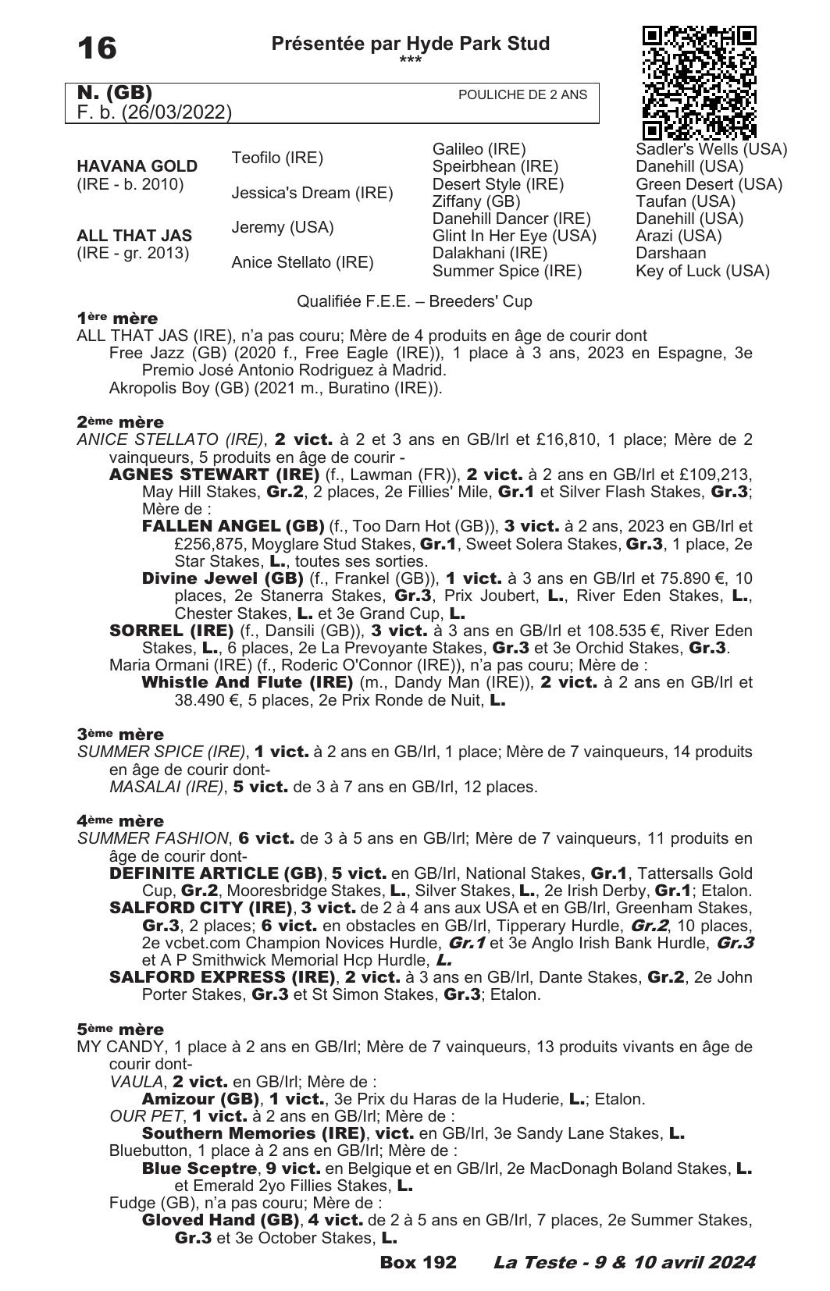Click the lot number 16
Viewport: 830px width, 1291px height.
[x=97, y=48]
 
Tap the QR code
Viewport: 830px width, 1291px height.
[x=699, y=82]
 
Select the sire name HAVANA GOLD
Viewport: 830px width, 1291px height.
[x=137, y=166]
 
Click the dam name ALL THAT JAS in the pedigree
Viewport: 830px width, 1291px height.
[x=134, y=235]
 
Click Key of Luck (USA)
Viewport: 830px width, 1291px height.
[x=702, y=271]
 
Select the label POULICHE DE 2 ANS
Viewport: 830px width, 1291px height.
[x=522, y=94]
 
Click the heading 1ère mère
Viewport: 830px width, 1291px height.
[x=117, y=318]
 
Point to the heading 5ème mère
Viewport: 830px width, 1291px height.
[x=120, y=1029]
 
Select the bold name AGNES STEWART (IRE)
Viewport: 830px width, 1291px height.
[x=214, y=475]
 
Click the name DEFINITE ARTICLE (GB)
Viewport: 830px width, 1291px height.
[x=216, y=873]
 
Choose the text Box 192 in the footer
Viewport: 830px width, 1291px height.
[x=418, y=1262]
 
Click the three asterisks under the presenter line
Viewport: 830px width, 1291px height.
[x=410, y=60]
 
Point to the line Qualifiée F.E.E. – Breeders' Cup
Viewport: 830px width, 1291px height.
[x=415, y=301]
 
